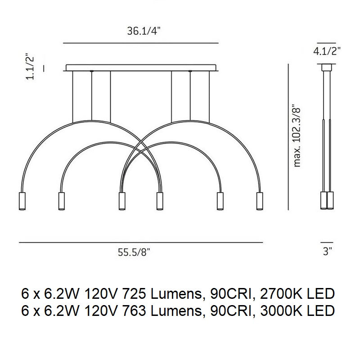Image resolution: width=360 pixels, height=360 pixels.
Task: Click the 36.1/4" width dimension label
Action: [144, 31]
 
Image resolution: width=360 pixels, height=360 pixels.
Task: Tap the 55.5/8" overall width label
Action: [134, 252]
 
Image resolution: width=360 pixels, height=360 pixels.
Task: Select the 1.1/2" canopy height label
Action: [30, 66]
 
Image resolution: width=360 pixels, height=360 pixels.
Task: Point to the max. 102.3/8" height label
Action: [297, 135]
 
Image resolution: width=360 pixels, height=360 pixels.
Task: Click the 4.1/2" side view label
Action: [327, 51]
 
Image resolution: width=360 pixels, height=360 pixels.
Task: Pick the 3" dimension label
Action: [328, 252]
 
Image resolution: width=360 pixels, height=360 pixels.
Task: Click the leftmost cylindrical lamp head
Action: [22, 201]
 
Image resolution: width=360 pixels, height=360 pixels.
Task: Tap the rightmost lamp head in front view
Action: [260, 201]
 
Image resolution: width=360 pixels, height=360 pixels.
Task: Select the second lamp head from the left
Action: [61, 201]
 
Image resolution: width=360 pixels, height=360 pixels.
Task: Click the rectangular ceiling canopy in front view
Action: [141, 68]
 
